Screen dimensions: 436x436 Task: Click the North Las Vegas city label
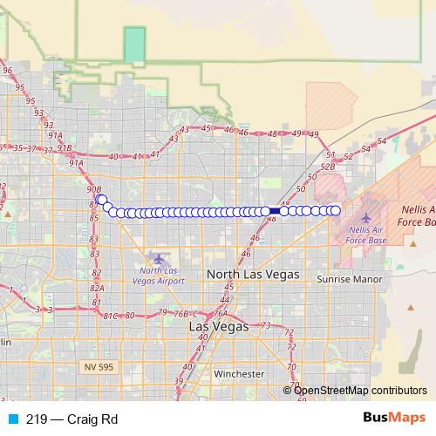tap(252, 274)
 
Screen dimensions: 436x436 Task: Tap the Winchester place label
tap(239, 374)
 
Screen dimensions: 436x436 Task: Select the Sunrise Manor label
tap(344, 275)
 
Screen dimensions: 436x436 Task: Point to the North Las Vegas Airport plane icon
tap(158, 258)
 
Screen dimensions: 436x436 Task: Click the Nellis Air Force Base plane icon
tap(365, 216)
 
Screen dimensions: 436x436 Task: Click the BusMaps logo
tap(389, 419)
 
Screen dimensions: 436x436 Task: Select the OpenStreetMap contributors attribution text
tap(360, 391)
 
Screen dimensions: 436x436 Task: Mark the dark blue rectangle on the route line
tap(274, 211)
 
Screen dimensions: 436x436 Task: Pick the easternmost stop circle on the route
tap(335, 210)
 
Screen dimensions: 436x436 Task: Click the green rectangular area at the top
tap(134, 44)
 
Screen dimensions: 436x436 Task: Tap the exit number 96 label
tap(8, 72)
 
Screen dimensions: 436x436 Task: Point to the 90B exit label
tap(94, 188)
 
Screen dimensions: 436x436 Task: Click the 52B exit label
tap(328, 166)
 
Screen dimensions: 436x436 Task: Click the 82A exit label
tap(97, 288)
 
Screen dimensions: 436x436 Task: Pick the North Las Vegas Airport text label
tap(160, 276)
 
